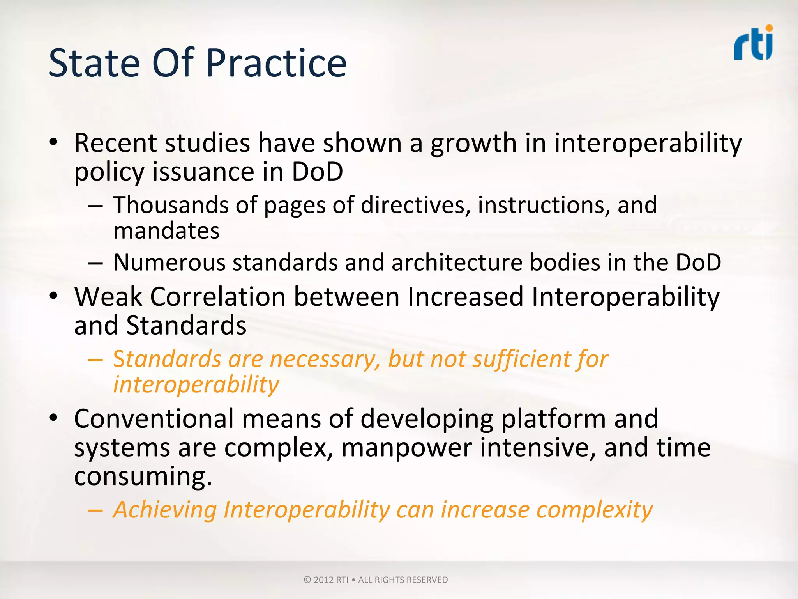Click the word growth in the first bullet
pyautogui.click(x=473, y=144)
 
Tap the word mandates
pyautogui.click(x=166, y=231)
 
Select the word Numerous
pyautogui.click(x=169, y=262)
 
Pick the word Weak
pyautogui.click(x=108, y=297)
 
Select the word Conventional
pyautogui.click(x=154, y=418)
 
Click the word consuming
pyautogui.click(x=143, y=477)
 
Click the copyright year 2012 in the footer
pyautogui.click(x=323, y=580)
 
